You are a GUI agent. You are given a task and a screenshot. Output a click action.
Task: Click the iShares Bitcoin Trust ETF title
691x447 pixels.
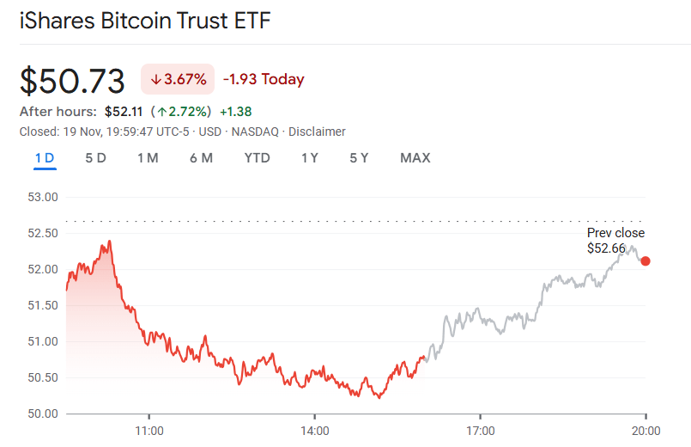click(x=145, y=21)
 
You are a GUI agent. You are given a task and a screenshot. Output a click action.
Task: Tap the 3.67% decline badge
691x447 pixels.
click(x=178, y=80)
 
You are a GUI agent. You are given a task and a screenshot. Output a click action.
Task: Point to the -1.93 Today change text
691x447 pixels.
click(x=264, y=80)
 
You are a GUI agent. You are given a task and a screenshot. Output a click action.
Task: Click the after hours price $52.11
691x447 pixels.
click(x=124, y=112)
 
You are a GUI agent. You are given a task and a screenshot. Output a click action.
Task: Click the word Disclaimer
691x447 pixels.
click(x=317, y=132)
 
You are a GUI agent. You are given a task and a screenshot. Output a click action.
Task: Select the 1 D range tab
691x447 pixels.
click(x=45, y=158)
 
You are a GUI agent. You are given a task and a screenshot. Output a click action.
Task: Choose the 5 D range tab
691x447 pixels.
click(x=95, y=158)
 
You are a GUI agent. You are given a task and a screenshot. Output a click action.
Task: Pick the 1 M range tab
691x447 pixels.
click(x=148, y=158)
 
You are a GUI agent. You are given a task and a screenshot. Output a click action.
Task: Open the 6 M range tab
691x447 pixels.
click(x=201, y=158)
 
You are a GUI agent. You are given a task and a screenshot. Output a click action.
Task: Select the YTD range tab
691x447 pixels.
click(x=257, y=158)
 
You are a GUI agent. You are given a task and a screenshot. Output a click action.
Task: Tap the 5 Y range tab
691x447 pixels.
click(x=359, y=158)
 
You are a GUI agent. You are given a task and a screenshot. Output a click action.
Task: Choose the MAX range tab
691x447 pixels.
click(x=415, y=158)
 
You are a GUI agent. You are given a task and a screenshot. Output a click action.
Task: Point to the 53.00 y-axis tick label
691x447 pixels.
click(x=43, y=197)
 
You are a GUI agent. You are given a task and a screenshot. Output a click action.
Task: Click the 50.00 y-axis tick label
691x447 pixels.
click(x=43, y=413)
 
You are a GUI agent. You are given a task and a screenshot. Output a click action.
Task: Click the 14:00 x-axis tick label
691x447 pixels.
click(x=315, y=430)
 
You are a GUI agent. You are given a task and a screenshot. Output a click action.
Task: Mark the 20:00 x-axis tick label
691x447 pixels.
click(x=646, y=430)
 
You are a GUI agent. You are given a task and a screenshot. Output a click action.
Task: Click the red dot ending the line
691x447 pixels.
click(x=646, y=261)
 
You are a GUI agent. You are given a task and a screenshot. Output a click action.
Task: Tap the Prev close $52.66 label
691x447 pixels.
click(x=615, y=241)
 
